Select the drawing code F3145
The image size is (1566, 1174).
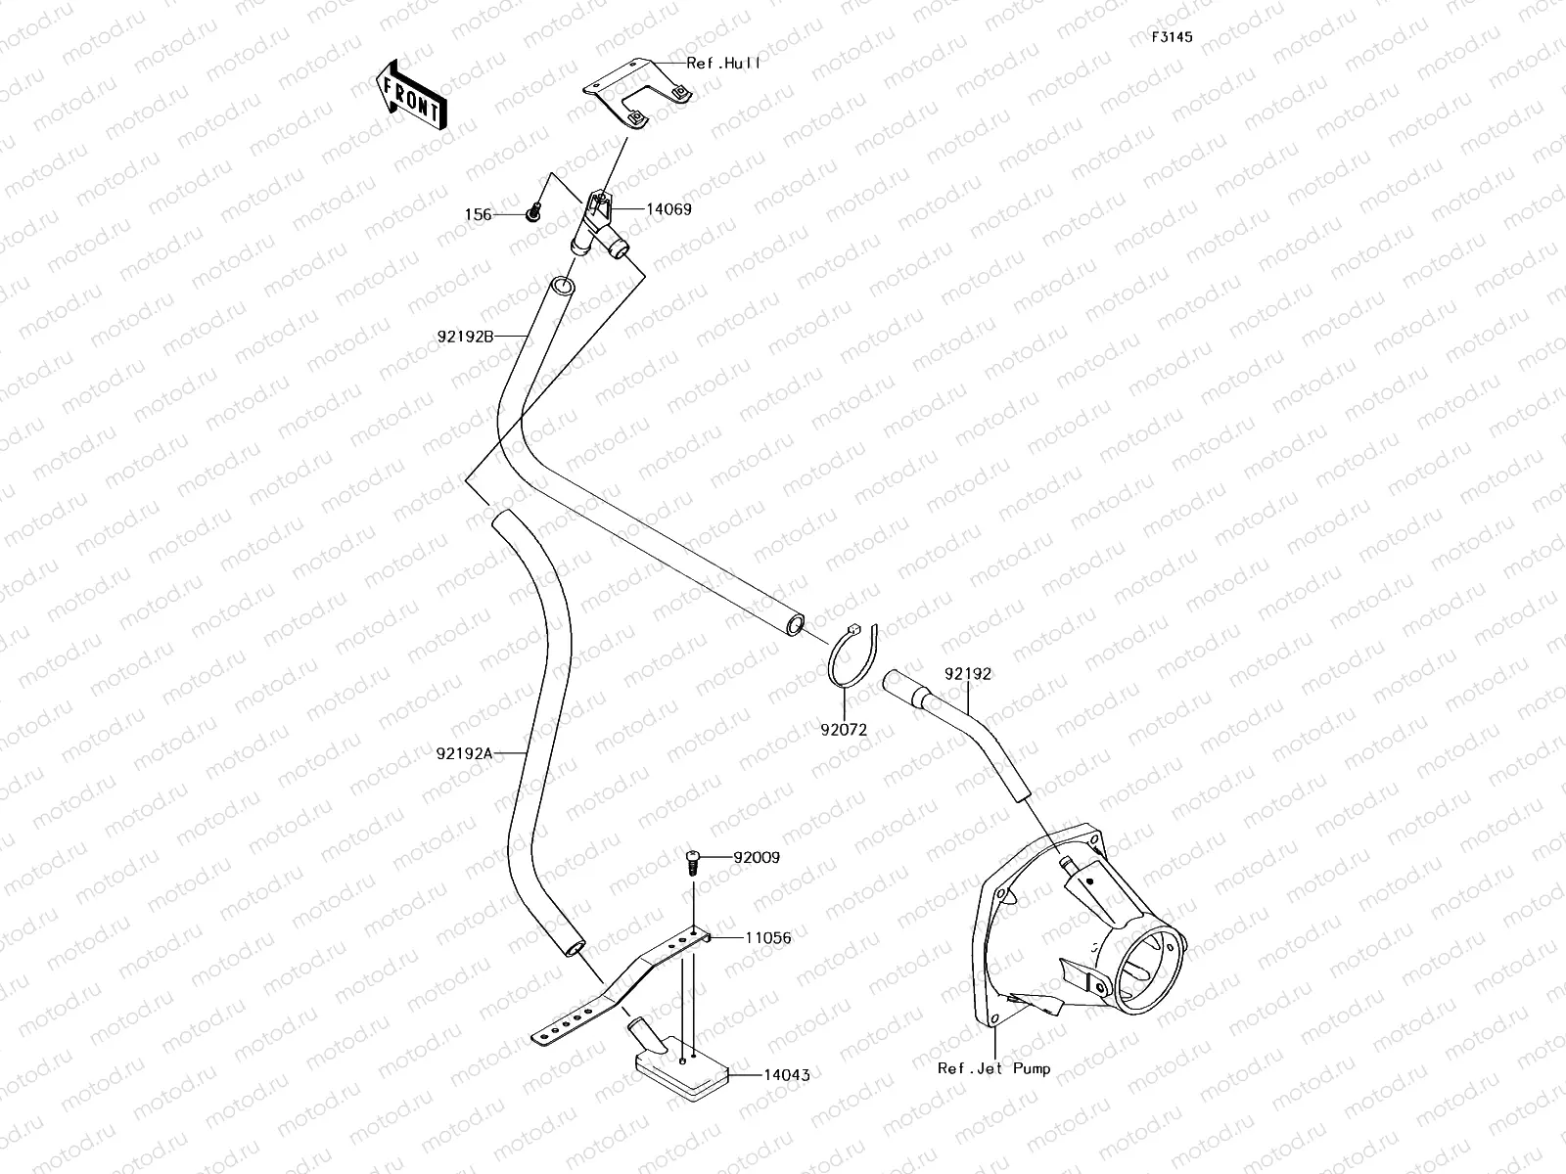pyautogui.click(x=1171, y=37)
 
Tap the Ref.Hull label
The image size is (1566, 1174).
pyautogui.click(x=723, y=63)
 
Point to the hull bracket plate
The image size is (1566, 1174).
pyautogui.click(x=636, y=93)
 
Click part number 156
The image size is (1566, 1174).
pyautogui.click(x=478, y=214)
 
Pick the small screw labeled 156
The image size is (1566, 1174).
pyautogui.click(x=533, y=210)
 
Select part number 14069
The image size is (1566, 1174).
pyautogui.click(x=668, y=209)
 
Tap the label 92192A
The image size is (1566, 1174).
pyautogui.click(x=465, y=753)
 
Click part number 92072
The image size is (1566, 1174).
pyautogui.click(x=844, y=729)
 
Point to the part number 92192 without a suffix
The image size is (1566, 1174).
pyautogui.click(x=968, y=674)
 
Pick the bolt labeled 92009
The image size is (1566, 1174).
pyautogui.click(x=693, y=861)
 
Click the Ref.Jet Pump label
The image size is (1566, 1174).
pyautogui.click(x=993, y=1068)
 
